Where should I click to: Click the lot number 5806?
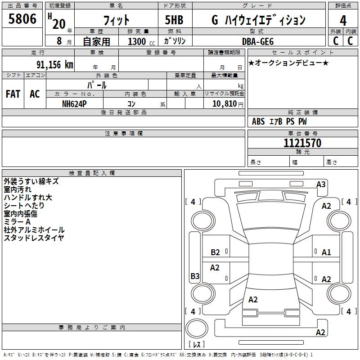22,18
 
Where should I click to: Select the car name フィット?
117,20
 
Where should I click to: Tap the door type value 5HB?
174,20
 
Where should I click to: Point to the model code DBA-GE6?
258,41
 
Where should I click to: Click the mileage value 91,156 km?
55,65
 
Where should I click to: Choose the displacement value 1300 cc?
141,41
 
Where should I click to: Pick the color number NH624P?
74,104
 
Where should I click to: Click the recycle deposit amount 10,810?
224,104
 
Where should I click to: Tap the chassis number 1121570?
302,143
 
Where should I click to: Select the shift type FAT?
13,94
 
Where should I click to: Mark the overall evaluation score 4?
343,20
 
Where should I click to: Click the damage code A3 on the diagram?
321,184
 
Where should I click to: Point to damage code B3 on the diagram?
195,276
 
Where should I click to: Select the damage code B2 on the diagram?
215,252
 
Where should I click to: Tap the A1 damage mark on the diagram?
326,252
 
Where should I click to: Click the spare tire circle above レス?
197,328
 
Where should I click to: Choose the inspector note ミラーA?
17,222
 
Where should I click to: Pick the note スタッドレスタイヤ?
34,238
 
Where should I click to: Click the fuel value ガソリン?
175,41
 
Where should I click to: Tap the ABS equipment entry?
258,121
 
